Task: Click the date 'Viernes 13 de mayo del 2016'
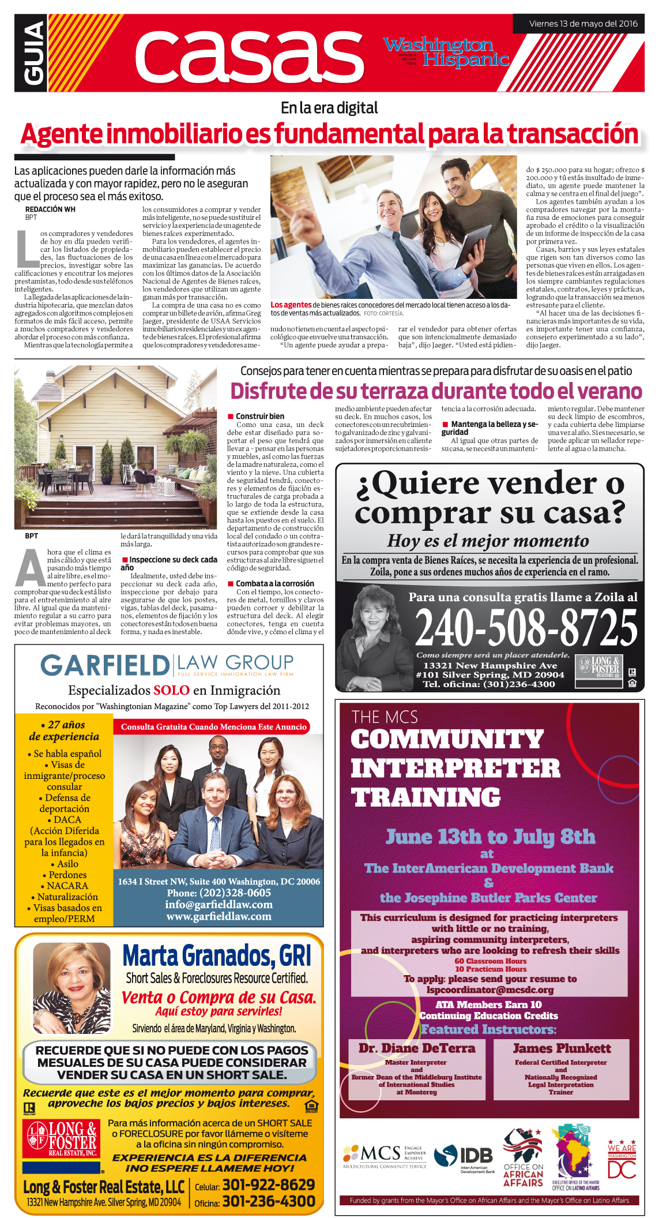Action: pos(583,24)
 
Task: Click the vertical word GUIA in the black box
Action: pos(32,53)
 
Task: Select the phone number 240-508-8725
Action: pos(526,628)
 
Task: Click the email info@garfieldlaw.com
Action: pos(219,904)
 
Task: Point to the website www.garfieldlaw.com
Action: pos(219,916)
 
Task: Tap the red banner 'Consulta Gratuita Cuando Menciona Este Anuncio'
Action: pos(213,727)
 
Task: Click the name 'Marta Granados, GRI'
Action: pos(217,956)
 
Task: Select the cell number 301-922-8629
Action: pos(269,1185)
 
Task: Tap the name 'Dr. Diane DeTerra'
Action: pos(417,1048)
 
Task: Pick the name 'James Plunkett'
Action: pos(562,1048)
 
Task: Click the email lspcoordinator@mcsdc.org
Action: pos(490,990)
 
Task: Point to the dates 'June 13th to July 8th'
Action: pos(490,837)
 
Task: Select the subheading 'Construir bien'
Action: pos(259,416)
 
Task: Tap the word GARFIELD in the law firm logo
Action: pos(104,665)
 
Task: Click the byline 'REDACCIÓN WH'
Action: pos(50,209)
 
